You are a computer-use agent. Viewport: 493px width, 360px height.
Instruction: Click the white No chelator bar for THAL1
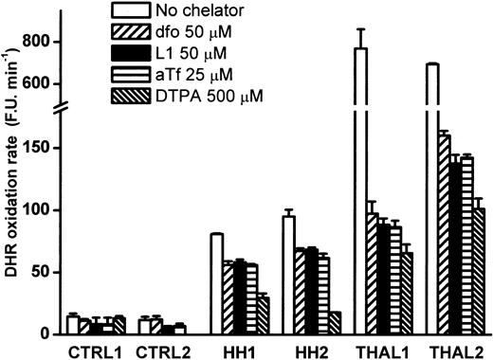(x=359, y=189)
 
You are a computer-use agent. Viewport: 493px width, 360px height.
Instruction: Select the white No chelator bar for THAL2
(x=432, y=189)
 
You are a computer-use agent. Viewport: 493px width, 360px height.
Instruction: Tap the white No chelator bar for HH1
(x=216, y=284)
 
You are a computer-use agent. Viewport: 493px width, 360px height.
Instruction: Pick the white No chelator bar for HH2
(x=288, y=276)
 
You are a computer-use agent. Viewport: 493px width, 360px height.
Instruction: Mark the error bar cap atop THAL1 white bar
(x=359, y=29)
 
